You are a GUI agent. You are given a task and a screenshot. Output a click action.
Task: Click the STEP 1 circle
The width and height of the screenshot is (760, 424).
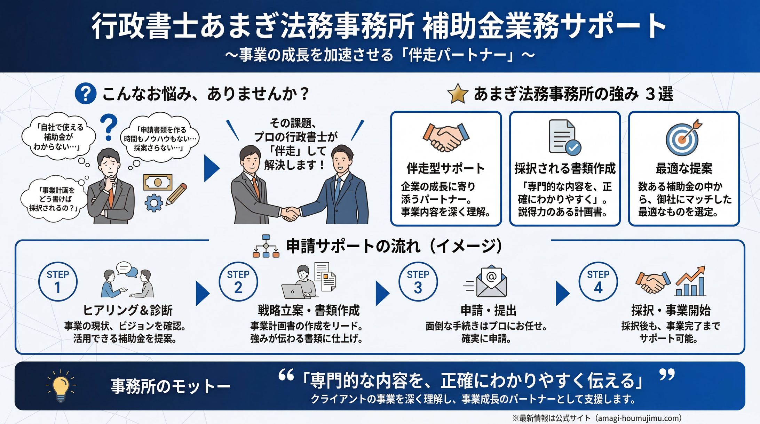58,281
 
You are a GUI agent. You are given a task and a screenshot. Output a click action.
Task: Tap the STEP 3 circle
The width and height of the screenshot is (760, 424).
418,281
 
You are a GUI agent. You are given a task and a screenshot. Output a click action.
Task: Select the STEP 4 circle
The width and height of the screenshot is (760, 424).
598,281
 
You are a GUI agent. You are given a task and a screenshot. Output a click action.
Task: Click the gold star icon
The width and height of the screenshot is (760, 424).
457,94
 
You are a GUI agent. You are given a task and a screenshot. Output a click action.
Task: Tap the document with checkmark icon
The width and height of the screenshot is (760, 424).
564,137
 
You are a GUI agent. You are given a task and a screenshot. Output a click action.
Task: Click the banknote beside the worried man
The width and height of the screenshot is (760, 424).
158,182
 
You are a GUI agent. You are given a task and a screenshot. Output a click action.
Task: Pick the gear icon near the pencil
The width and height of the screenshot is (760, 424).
153,203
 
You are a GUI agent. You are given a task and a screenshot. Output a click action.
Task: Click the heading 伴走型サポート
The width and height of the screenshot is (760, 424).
445,168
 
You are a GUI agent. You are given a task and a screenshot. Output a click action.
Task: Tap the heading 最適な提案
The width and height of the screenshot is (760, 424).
684,168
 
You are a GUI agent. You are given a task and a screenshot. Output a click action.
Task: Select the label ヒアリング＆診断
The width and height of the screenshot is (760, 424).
128,310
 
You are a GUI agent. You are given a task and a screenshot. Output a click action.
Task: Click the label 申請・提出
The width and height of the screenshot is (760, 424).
488,310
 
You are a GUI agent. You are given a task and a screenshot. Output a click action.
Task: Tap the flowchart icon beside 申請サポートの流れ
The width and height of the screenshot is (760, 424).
266,246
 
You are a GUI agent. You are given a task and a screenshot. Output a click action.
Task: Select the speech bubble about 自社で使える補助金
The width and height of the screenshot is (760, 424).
58,137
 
